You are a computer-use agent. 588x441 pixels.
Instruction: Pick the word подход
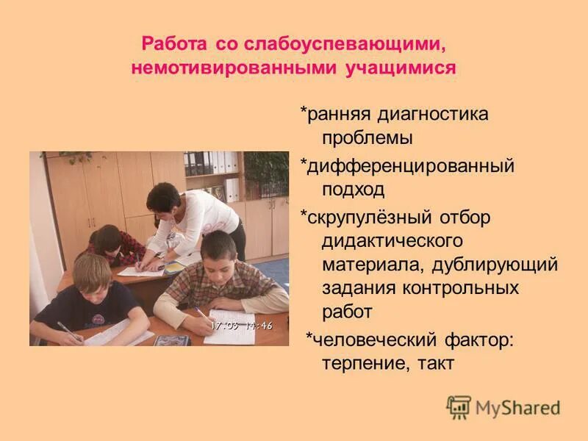pyautogui.click(x=354, y=190)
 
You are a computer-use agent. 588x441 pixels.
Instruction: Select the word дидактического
pyautogui.click(x=391, y=240)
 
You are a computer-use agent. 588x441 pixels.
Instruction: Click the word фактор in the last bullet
pyautogui.click(x=478, y=340)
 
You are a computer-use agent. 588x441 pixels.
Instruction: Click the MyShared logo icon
pyautogui.click(x=459, y=407)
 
